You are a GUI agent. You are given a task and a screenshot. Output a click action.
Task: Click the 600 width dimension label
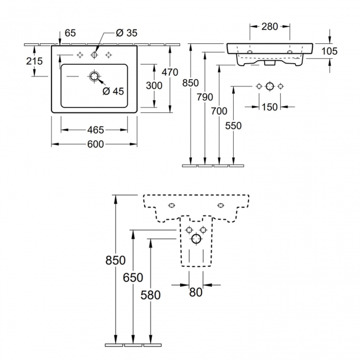pyautogui.click(x=95, y=145)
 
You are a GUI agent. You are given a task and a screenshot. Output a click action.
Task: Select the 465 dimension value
pyautogui.click(x=95, y=130)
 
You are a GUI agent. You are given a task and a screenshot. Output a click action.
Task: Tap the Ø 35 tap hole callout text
pyautogui.click(x=126, y=33)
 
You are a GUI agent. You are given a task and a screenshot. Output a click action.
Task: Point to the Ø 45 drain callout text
pyautogui.click(x=113, y=91)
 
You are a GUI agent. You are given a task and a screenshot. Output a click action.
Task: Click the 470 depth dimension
pyautogui.click(x=170, y=73)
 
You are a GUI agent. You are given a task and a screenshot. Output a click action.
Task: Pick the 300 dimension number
pyautogui.click(x=154, y=86)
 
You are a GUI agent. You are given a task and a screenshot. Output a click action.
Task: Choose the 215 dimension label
pyautogui.click(x=34, y=61)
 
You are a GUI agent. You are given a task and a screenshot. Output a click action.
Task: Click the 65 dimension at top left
pyautogui.click(x=70, y=33)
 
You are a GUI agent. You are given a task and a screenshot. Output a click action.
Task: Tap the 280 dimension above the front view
pyautogui.click(x=270, y=27)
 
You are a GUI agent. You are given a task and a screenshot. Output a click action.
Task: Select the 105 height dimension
pyautogui.click(x=329, y=51)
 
